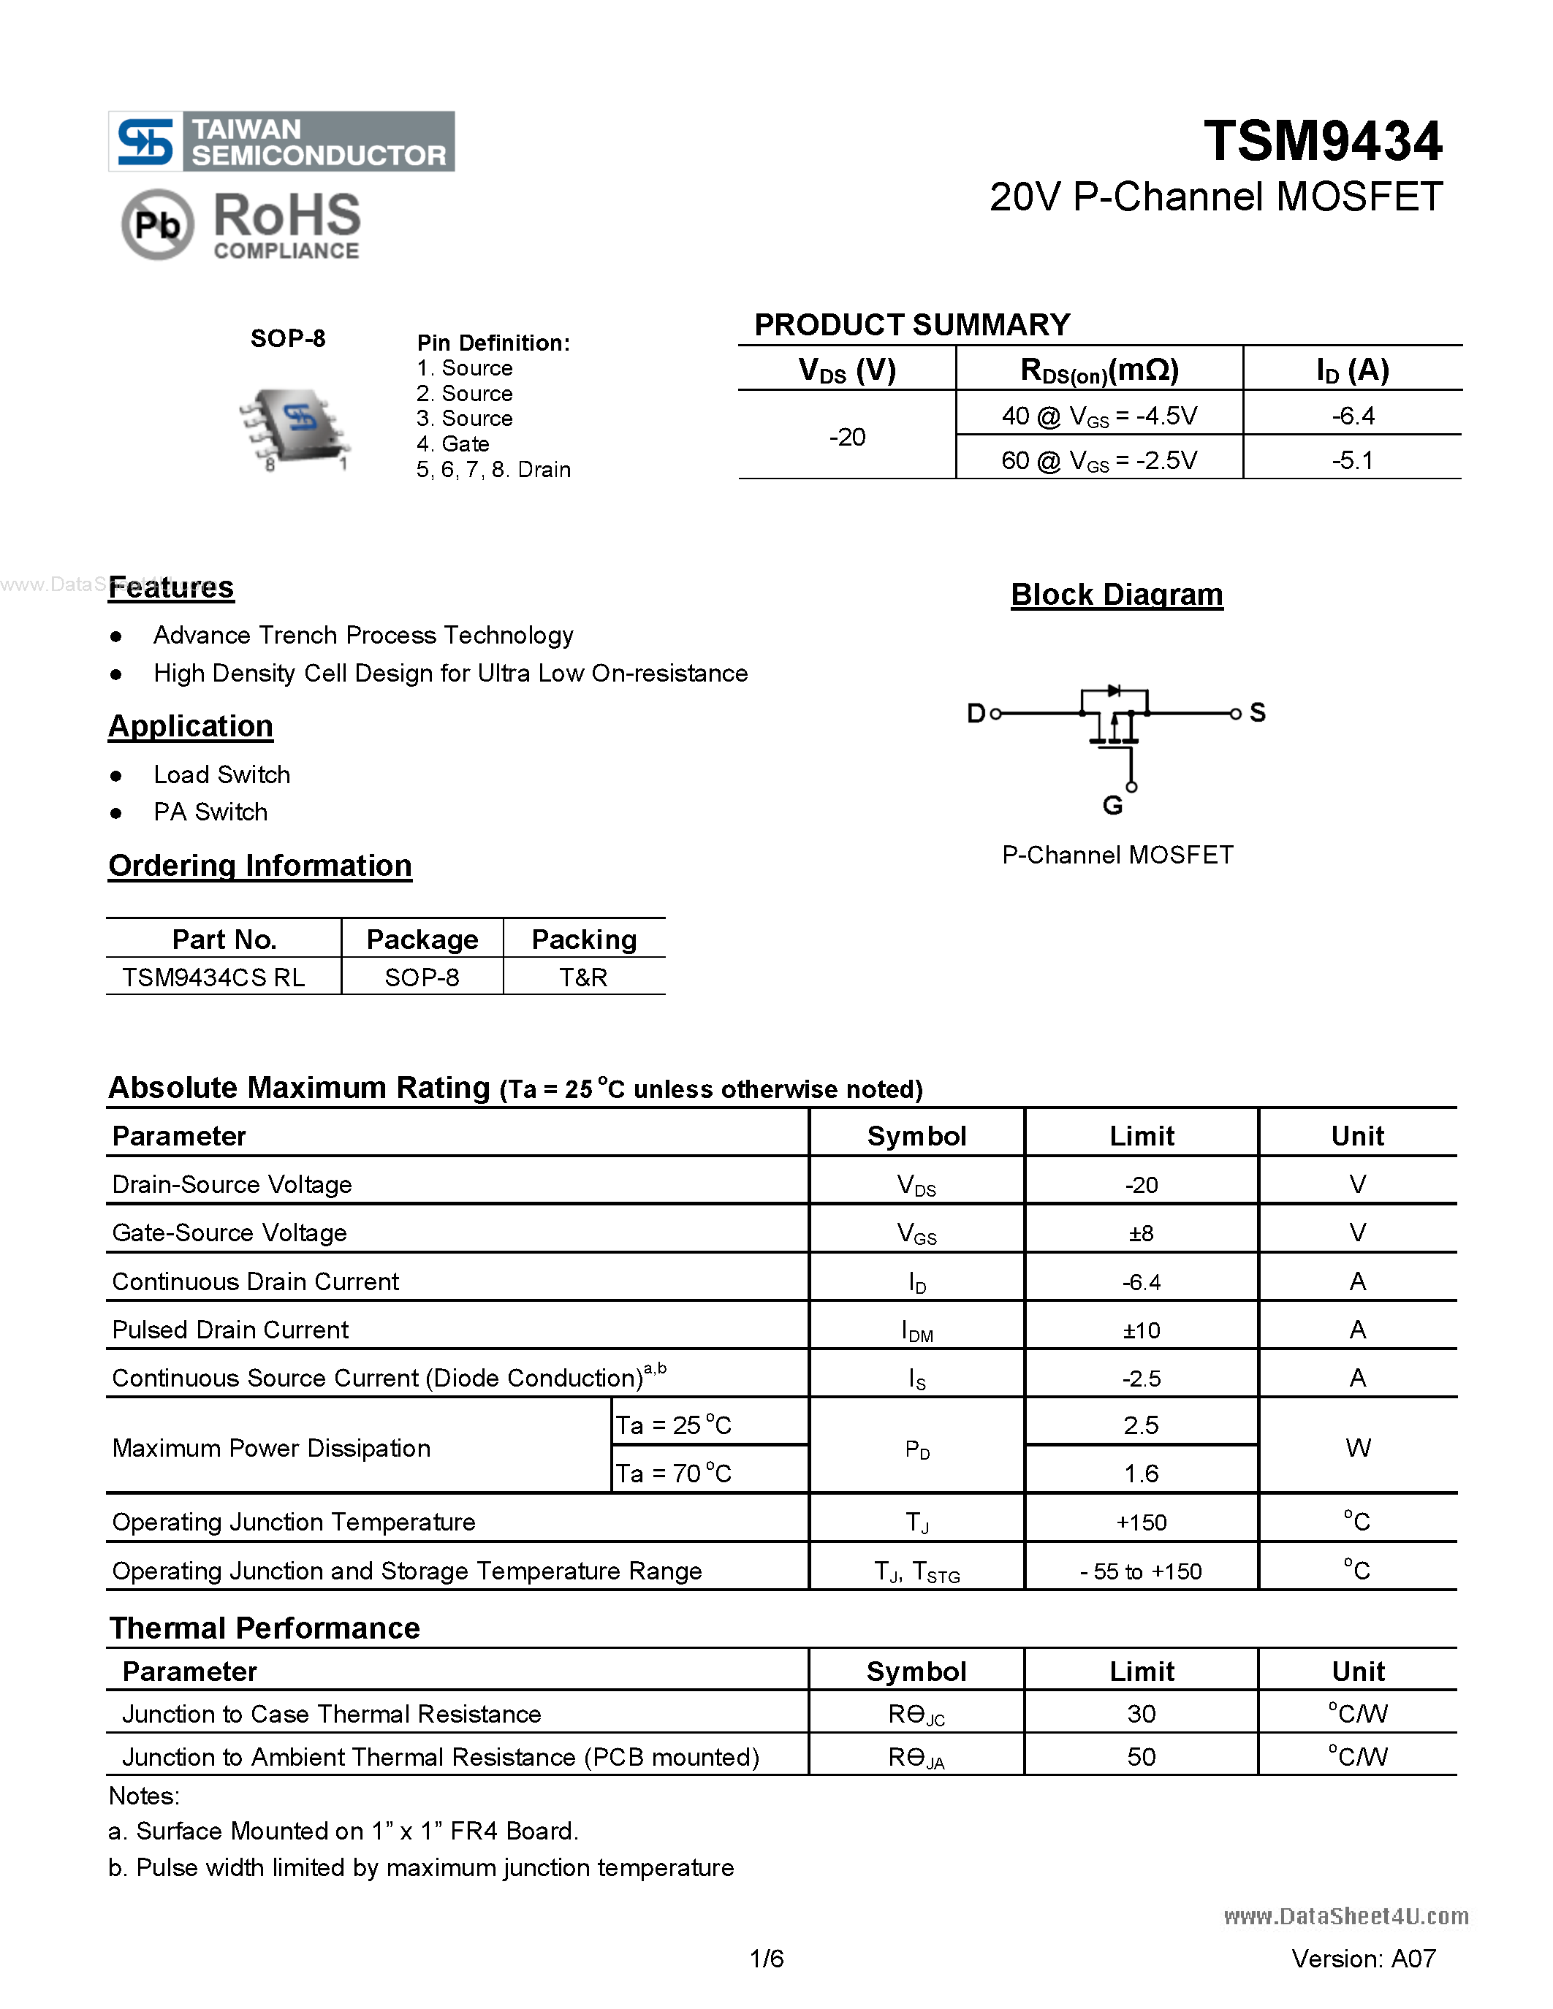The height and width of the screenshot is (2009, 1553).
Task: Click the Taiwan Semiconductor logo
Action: coord(281,142)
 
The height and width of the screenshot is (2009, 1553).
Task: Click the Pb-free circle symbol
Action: coord(157,224)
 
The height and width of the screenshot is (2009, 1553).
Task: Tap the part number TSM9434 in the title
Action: coord(1322,141)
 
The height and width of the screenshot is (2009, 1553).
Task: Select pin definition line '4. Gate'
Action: coord(452,444)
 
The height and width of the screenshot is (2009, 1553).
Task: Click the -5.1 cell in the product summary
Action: coord(1351,460)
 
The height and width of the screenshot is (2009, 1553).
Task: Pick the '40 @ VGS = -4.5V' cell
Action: coord(1098,416)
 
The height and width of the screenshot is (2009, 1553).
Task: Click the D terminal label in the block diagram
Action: coord(975,713)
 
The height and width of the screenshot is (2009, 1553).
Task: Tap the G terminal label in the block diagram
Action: coord(1112,806)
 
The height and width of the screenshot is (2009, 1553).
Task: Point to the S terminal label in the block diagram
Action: coord(1258,712)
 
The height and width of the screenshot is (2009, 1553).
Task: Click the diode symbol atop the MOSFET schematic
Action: coord(1115,690)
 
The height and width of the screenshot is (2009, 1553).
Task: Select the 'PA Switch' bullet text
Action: coord(210,812)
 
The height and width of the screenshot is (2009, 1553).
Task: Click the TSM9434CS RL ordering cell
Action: coord(213,977)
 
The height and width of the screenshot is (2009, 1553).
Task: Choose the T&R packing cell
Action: coord(583,977)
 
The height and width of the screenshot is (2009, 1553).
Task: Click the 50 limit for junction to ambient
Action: coord(1141,1757)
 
